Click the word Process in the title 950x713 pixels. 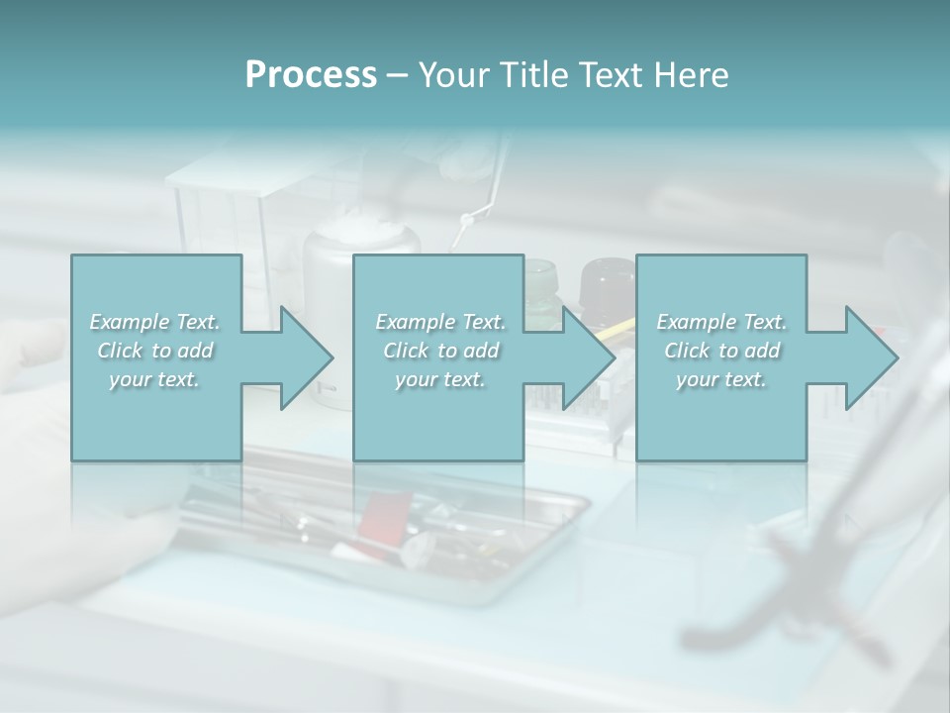(311, 75)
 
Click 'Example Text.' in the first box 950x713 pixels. (155, 322)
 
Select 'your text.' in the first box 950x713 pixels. (154, 379)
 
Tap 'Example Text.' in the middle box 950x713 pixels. (440, 322)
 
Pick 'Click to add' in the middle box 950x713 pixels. (440, 351)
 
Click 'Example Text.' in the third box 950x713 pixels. (721, 322)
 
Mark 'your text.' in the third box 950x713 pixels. (721, 379)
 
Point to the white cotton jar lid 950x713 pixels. (362, 239)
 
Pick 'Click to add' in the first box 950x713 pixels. (155, 351)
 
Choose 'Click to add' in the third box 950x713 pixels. (721, 351)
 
